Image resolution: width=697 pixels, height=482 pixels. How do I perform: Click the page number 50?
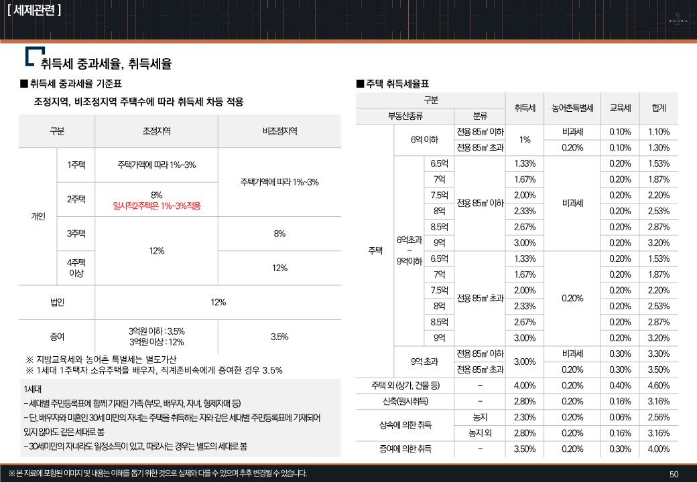coord(674,474)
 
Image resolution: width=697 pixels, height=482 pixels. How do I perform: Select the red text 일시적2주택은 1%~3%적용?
coord(157,206)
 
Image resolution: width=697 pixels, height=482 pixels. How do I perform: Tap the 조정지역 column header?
coord(157,131)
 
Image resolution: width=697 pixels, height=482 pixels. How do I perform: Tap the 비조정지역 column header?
coord(279,131)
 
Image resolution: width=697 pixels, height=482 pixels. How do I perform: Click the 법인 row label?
coord(57,302)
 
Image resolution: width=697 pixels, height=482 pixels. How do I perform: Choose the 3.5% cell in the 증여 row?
coord(279,336)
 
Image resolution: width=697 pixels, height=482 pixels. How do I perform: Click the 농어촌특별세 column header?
coord(573,108)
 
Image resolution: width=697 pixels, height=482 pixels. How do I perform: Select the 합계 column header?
coord(658,108)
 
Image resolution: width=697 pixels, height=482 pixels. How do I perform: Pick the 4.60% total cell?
coord(658,385)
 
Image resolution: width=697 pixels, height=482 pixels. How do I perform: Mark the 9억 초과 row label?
coord(424,361)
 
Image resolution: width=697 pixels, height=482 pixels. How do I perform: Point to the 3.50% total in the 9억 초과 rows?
coord(658,369)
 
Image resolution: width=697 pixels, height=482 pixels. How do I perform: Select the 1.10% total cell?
coord(658,132)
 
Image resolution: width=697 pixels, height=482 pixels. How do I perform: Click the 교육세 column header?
coord(620,108)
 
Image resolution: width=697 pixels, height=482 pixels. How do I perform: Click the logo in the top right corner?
coord(678,17)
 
